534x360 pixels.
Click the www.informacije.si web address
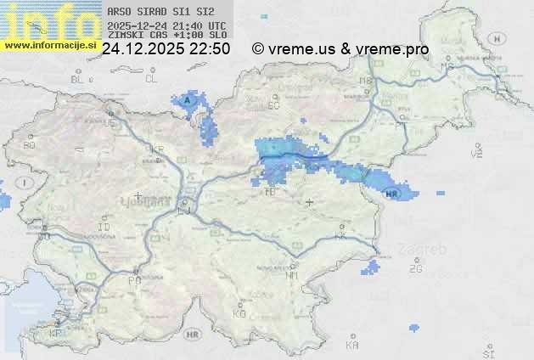pos(48,45)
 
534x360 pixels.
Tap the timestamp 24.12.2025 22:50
pos(166,49)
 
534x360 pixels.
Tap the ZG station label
pos(415,269)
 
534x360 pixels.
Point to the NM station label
pos(293,275)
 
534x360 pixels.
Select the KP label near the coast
pos(56,334)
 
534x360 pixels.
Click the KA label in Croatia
pos(352,346)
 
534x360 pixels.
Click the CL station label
pos(152,79)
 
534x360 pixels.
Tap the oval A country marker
pos(188,100)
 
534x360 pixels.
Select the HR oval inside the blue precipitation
pos(391,194)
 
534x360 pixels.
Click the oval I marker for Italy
pos(26,183)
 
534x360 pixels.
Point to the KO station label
pos(239,313)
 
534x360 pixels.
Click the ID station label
pos(104,228)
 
